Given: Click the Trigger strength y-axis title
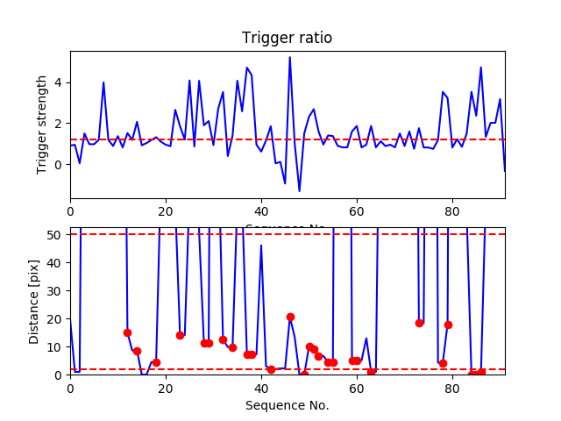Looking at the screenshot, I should [42, 125].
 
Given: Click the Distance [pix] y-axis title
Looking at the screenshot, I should [36, 301].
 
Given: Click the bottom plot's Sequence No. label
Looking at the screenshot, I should [288, 405].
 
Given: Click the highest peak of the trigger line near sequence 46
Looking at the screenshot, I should [290, 57].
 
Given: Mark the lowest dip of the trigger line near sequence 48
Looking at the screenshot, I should [299, 191].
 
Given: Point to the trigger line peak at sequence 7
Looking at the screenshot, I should [103, 82].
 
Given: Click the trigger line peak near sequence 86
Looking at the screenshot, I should [480, 68].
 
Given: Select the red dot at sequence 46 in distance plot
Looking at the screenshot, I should [290, 317].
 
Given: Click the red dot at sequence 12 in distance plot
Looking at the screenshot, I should [127, 332].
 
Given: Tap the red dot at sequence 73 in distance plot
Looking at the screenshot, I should [419, 323].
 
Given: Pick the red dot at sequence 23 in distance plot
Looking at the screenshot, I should [180, 335].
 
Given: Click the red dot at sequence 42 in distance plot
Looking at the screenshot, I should [271, 369].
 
